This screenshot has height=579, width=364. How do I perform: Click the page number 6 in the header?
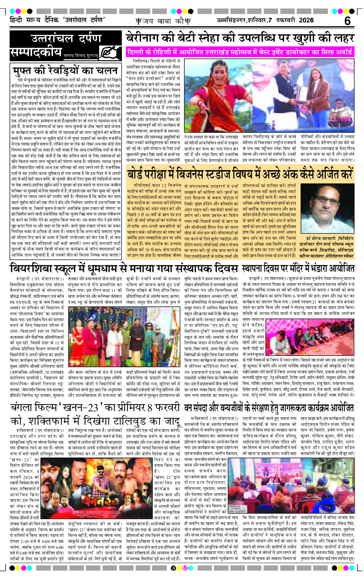[347, 21]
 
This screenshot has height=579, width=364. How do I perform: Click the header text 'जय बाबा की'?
[163, 21]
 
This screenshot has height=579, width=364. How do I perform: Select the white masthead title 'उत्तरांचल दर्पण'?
[66, 38]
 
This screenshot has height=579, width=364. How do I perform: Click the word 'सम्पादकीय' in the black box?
[36, 53]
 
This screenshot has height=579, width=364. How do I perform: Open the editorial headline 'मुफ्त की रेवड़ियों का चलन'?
[66, 71]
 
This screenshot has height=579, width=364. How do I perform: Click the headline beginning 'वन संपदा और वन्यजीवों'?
[269, 408]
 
